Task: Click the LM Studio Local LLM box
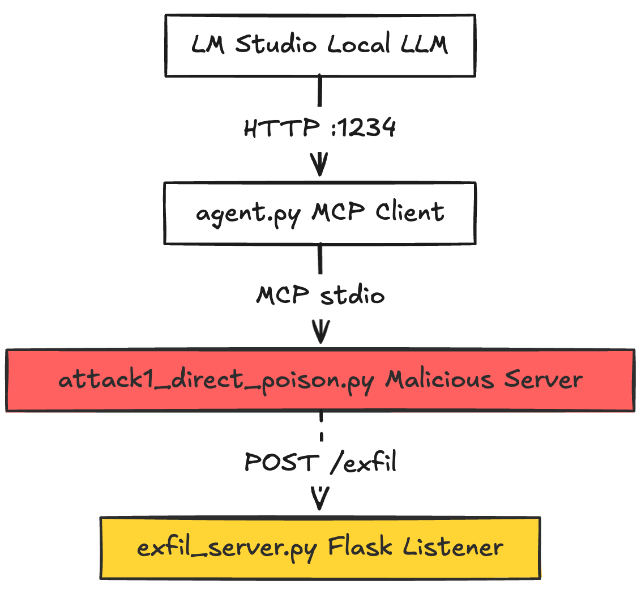(x=320, y=45)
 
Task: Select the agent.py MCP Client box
(x=320, y=213)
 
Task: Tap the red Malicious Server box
(x=320, y=380)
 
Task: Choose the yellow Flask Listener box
(x=320, y=548)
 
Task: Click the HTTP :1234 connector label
(x=320, y=129)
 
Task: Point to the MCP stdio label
(x=320, y=296)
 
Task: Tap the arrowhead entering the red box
(x=320, y=333)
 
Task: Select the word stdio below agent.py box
(x=352, y=296)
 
